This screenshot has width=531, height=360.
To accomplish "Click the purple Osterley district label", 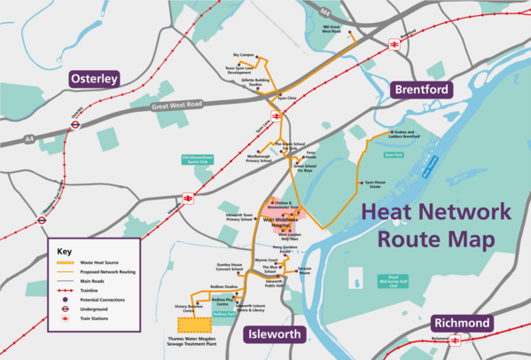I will click(x=94, y=79).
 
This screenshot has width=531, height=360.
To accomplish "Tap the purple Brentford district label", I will click(x=421, y=89).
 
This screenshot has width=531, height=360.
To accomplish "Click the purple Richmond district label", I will click(x=459, y=324).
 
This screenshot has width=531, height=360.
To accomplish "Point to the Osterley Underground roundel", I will click(x=75, y=125).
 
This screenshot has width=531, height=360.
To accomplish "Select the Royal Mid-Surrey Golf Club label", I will click(x=392, y=283).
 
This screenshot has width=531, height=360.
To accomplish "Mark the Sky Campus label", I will click(x=242, y=55).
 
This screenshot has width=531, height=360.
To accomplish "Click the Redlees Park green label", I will click(x=223, y=313).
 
